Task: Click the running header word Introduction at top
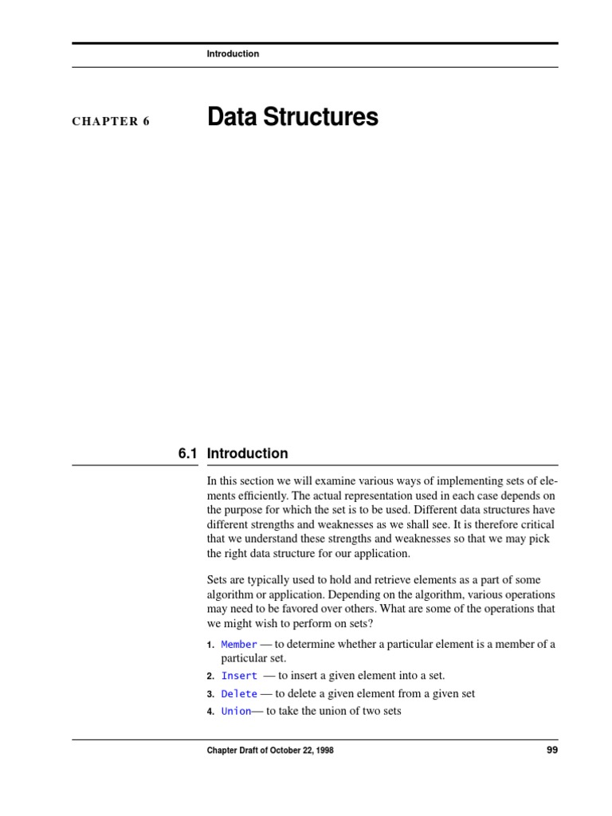coord(233,53)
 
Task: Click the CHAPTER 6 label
coord(111,122)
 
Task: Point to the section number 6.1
coord(187,453)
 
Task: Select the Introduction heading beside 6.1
coord(247,453)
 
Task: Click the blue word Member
coord(239,644)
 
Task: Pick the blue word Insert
coord(239,676)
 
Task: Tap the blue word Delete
coord(239,694)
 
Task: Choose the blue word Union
coord(236,711)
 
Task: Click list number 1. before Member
coord(210,645)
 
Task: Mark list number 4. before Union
coord(210,712)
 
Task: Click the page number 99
coord(551,751)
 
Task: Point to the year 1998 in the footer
coord(324,751)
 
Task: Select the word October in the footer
coord(279,751)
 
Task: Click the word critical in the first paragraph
coord(535,524)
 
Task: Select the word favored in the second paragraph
coord(293,608)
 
